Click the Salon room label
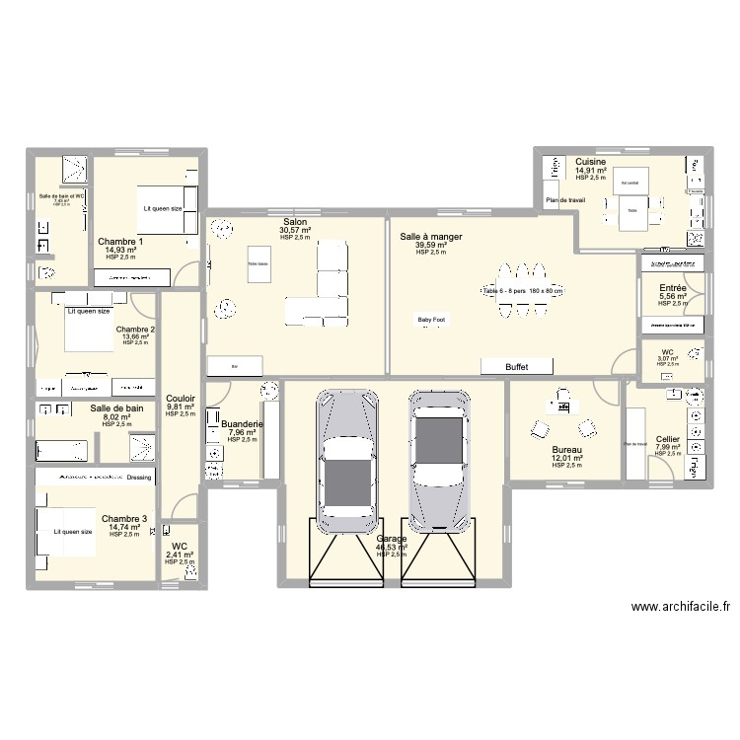click(x=294, y=222)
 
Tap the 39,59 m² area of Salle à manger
click(x=431, y=246)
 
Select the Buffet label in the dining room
click(x=516, y=367)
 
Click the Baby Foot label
click(x=431, y=320)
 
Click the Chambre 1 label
click(x=120, y=242)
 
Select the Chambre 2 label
click(x=135, y=329)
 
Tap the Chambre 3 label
click(x=123, y=518)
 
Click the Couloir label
click(x=181, y=399)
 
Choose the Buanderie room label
click(x=242, y=423)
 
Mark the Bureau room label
click(x=566, y=450)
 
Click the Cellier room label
click(x=667, y=439)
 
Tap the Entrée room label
click(x=672, y=288)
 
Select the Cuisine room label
click(x=590, y=161)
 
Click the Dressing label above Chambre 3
click(x=139, y=478)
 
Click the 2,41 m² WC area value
click(x=179, y=555)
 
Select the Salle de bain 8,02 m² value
click(x=116, y=417)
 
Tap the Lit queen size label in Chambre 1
click(x=162, y=208)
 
